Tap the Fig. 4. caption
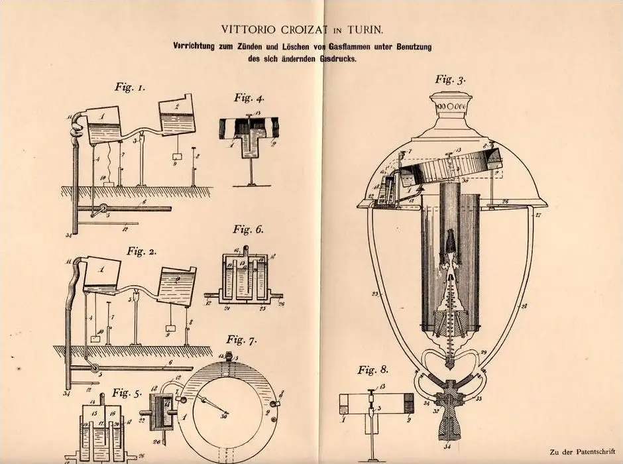[249, 98]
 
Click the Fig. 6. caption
[248, 230]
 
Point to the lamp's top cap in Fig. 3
[450, 106]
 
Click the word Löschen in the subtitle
[288, 46]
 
